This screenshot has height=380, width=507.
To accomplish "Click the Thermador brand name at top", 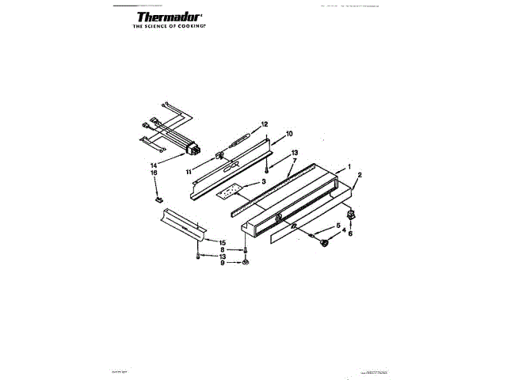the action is coord(168,17).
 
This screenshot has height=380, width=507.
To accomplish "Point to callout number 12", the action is coord(265,124).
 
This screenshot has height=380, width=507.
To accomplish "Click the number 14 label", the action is coord(154,165).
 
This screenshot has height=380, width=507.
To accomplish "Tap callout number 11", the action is coord(189,171).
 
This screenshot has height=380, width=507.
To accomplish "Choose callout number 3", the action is coord(264,181).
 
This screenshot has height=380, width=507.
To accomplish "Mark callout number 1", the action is coord(349,167).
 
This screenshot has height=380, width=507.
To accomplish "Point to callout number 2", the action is coord(359,175).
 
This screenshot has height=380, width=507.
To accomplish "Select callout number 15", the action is coord(223,242).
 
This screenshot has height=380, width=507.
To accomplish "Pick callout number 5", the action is coord(339,226).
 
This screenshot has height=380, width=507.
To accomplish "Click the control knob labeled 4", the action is coord(323,245).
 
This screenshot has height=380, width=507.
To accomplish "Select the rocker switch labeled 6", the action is coord(352,214).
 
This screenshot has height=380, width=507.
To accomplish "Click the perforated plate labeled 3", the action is coord(231,192).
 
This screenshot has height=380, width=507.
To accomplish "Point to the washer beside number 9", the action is coord(246,262).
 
